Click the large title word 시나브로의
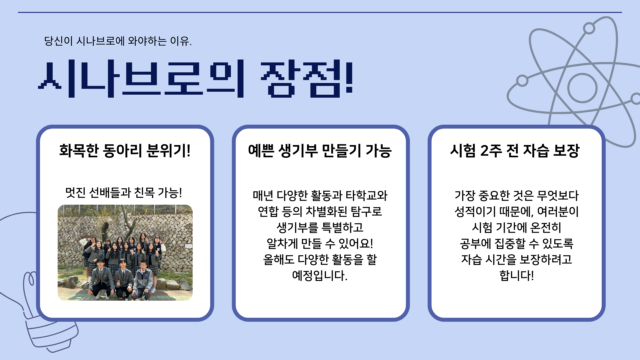[141, 79]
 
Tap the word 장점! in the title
[307, 79]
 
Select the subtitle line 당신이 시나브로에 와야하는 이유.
[118, 41]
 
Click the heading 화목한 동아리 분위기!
[125, 151]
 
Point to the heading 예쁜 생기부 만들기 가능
[320, 151]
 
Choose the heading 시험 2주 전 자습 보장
[515, 151]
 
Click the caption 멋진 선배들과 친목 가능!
[124, 193]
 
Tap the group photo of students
[125, 253]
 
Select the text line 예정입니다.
[320, 276]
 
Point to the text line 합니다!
[517, 276]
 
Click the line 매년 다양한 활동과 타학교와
[320, 196]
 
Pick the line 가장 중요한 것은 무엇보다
[517, 196]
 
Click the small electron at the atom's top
[589, 28]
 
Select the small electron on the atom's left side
[522, 81]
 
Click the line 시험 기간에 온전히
[517, 228]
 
